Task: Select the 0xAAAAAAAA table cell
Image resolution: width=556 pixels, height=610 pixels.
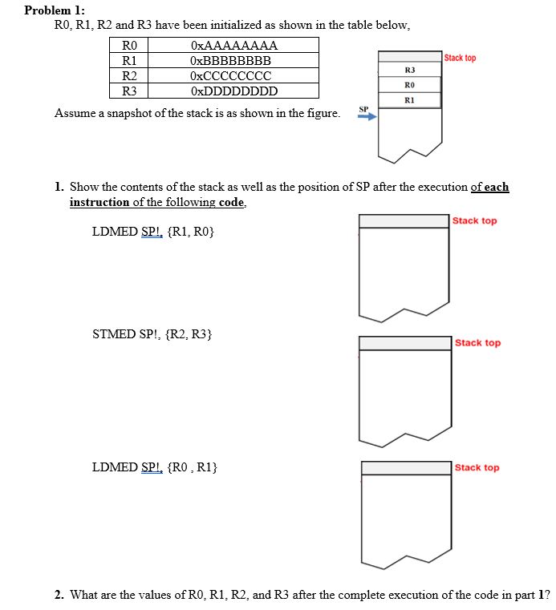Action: (x=234, y=45)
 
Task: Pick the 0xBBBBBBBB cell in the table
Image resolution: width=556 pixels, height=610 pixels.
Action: (x=230, y=60)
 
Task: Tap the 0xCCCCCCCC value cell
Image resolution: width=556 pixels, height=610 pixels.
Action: (x=230, y=75)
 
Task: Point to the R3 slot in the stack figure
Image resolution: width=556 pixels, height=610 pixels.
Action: (x=409, y=71)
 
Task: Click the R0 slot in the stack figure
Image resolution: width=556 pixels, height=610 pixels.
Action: (x=409, y=85)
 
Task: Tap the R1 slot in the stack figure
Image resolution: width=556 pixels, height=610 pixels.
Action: (x=409, y=100)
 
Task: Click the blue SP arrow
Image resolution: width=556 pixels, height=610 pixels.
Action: (x=366, y=117)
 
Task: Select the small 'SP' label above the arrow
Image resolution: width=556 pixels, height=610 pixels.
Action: (x=363, y=107)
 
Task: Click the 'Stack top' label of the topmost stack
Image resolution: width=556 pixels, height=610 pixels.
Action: (x=460, y=58)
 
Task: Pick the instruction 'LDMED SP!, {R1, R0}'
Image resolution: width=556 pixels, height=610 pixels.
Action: (x=153, y=232)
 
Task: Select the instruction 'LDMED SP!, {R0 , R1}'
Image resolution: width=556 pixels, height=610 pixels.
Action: (x=155, y=466)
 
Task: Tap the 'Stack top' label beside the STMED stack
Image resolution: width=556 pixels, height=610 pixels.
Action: (x=477, y=343)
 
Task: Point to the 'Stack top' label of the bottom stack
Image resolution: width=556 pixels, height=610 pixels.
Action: (x=477, y=467)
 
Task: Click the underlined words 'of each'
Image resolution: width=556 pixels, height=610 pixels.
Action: (x=489, y=187)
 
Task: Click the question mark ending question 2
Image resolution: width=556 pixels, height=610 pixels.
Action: (x=547, y=595)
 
